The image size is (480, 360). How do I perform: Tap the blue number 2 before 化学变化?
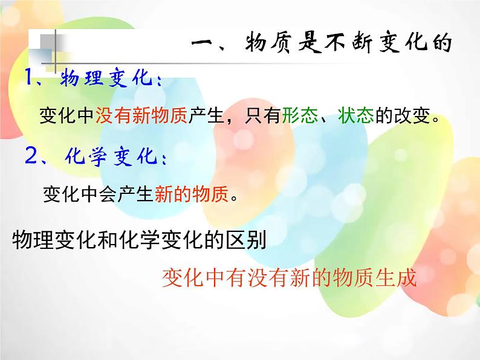32,157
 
